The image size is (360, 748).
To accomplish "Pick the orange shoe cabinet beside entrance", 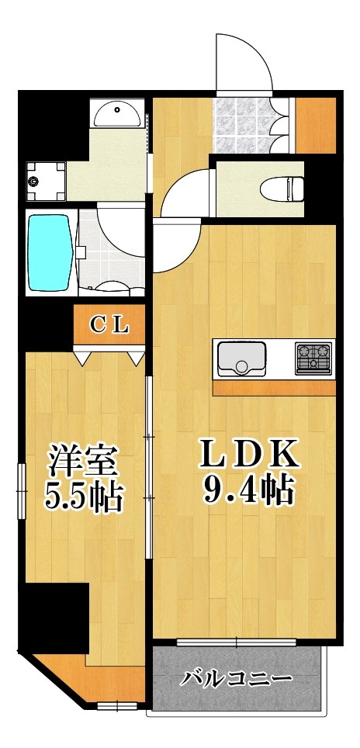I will (317, 124).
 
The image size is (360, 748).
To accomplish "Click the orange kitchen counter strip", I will (274, 387).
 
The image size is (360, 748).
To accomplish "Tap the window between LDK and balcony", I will (237, 642).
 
